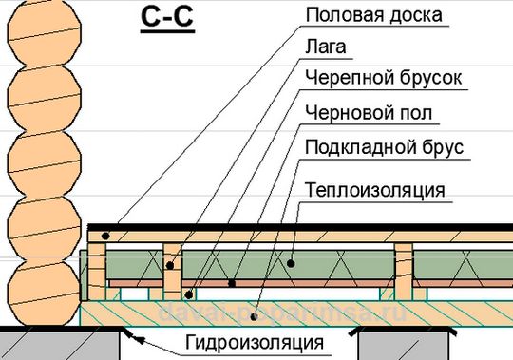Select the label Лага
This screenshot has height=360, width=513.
click(326, 46)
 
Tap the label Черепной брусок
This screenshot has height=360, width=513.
click(383, 79)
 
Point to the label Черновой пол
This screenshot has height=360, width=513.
click(369, 114)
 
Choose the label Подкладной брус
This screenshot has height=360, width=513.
click(382, 149)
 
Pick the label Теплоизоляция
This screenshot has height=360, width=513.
click(374, 190)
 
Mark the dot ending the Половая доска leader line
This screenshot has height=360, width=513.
click(106, 233)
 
